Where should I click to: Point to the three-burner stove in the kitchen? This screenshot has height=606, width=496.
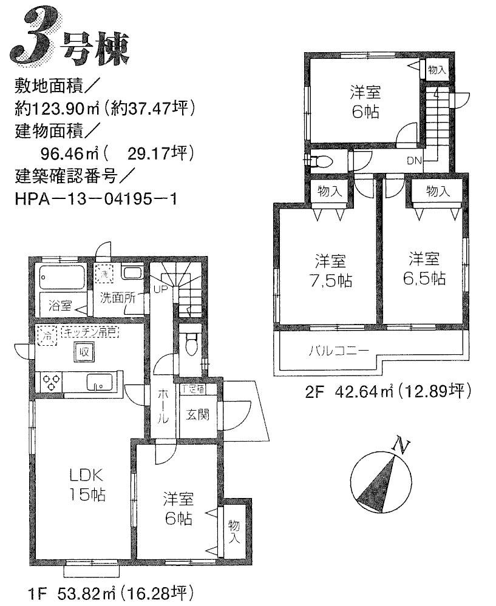tap(50, 382)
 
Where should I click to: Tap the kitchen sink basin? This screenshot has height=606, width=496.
tap(98, 383)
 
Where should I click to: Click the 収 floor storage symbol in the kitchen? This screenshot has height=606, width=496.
tap(81, 351)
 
